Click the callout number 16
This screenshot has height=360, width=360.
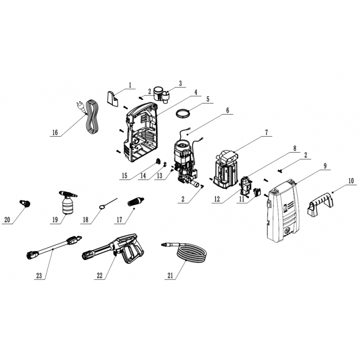pyautogui.click(x=55, y=133)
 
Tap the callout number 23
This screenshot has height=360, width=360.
pyautogui.click(x=39, y=275)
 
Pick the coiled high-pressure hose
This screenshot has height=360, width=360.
pyautogui.click(x=184, y=252)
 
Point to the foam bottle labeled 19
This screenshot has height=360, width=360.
pyautogui.click(x=68, y=203)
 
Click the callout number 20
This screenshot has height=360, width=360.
pyautogui.click(x=7, y=220)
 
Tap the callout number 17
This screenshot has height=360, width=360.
pyautogui.click(x=119, y=220)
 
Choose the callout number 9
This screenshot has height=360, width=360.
pyautogui.click(x=325, y=166)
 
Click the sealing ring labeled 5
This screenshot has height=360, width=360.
pyautogui.click(x=183, y=114)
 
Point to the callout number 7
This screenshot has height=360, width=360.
pyautogui.click(x=266, y=133)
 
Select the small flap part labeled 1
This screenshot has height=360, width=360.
pyautogui.click(x=113, y=99)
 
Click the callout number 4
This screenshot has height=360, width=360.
pyautogui.click(x=195, y=92)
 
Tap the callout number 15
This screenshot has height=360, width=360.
pyautogui.click(x=124, y=176)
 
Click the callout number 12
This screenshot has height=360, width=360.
pyautogui.click(x=217, y=199)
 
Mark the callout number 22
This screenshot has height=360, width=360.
pyautogui.click(x=99, y=275)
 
